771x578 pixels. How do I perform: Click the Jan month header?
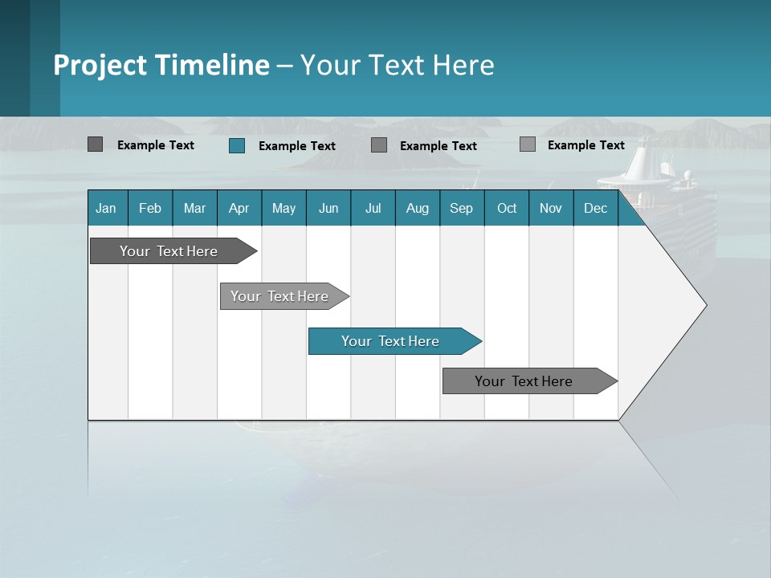click(106, 209)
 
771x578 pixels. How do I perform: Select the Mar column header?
click(194, 209)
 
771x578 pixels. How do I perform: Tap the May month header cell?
click(284, 209)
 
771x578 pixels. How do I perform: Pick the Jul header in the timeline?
click(373, 209)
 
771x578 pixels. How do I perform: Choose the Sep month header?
click(461, 209)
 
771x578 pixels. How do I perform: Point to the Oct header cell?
click(507, 209)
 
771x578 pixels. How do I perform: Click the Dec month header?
click(595, 209)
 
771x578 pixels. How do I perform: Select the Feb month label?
click(150, 209)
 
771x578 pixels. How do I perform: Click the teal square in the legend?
click(237, 145)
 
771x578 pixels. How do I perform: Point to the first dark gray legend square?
click(96, 144)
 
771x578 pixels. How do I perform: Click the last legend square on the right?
click(527, 144)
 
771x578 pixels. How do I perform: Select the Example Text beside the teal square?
click(296, 146)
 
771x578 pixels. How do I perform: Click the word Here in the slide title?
click(463, 65)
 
